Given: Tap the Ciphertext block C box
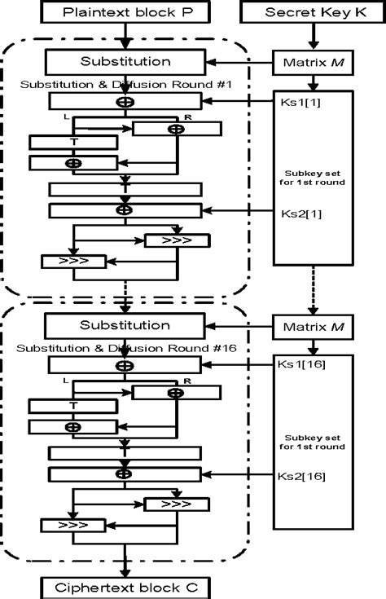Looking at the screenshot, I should [x=124, y=587].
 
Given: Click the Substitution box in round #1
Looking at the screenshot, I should [x=125, y=61].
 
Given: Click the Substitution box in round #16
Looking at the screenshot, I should [x=125, y=326].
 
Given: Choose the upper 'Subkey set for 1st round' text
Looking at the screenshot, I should [x=312, y=177].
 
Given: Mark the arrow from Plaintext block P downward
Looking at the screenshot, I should [x=124, y=37].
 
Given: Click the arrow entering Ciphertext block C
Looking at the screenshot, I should [x=124, y=568].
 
